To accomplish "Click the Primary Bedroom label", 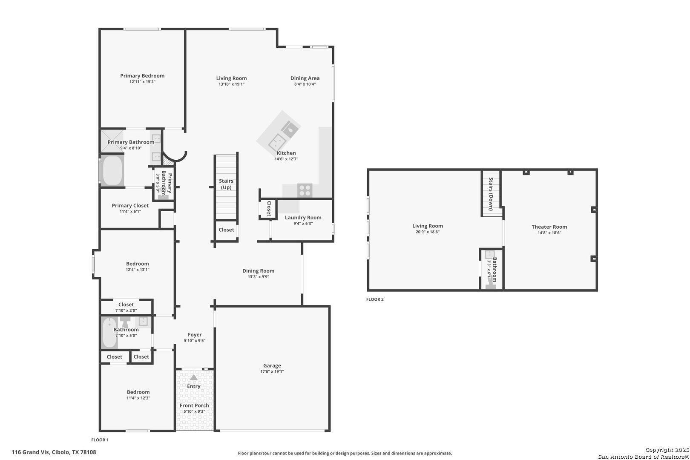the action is click(142, 76).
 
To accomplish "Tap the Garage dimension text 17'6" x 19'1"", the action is click(272, 371).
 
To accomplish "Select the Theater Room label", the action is click(549, 227).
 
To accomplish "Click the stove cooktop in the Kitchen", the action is click(305, 190).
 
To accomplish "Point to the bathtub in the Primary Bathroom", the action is click(112, 170).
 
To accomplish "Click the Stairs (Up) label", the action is click(226, 184).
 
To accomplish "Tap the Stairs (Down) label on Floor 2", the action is click(491, 194).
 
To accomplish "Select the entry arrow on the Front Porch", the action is click(193, 377).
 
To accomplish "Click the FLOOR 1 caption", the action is click(100, 440).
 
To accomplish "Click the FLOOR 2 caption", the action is click(375, 299).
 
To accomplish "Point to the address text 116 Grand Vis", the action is click(30, 452).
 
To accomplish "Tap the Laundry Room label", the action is click(303, 218).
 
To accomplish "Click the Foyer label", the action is click(195, 335).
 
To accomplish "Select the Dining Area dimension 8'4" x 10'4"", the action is click(305, 84).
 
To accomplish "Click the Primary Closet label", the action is click(130, 206).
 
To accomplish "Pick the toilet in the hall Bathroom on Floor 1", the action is click(125, 322).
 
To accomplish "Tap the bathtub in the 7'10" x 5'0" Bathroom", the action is click(109, 333).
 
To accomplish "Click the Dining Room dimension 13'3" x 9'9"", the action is click(259, 277).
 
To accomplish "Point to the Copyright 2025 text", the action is click(667, 450).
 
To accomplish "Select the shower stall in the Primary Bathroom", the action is click(112, 141).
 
